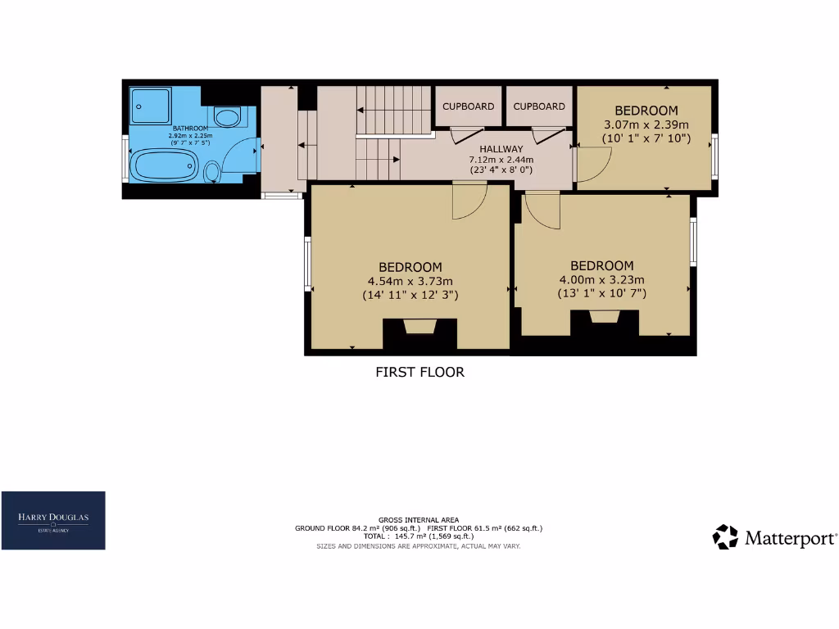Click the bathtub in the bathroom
point(164,165)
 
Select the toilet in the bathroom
point(212,172)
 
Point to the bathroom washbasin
point(228,117)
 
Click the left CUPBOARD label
point(469,106)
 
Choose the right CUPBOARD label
point(539,106)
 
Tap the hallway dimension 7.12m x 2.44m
point(501,159)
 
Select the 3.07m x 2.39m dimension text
point(646,124)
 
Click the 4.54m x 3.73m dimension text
point(410,281)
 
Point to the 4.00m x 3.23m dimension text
point(602,279)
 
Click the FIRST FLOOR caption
point(419,372)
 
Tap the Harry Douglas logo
point(53,520)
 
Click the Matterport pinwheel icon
point(725,537)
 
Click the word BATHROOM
point(189,129)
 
